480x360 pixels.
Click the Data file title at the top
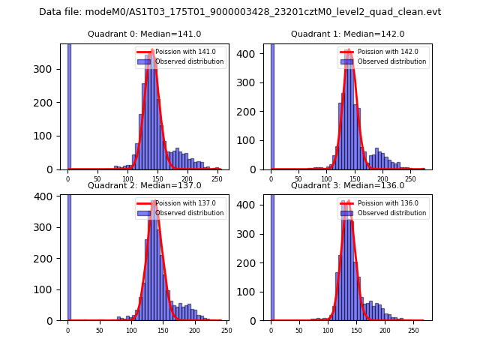coord(240,12)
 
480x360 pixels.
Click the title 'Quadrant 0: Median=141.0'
coord(144,34)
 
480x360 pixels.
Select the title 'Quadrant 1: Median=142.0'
coord(347,34)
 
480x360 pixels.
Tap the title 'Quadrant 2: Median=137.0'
coord(144,185)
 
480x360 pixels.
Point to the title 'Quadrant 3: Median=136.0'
coord(347,185)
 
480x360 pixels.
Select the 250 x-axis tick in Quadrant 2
coord(226,330)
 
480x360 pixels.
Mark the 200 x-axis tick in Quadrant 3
coord(385,330)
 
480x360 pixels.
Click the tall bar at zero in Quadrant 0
coord(69,105)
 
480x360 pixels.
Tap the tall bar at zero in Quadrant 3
coord(272,255)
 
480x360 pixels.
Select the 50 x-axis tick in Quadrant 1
coord(298,179)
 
